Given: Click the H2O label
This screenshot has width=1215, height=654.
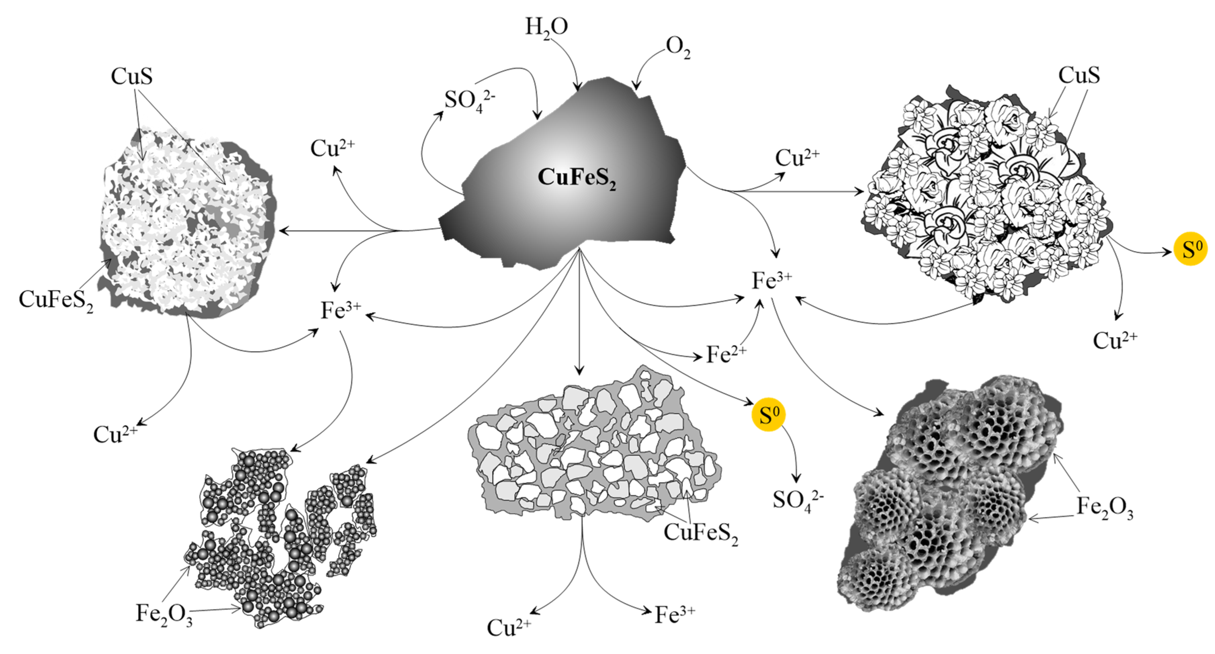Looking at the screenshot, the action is tap(546, 27).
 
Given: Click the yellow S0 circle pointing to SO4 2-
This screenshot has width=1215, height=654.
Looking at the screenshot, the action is tap(768, 415).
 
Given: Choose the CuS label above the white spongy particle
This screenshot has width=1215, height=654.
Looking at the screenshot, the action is tap(132, 77).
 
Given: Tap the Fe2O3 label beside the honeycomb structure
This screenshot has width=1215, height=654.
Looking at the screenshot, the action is tap(1104, 508).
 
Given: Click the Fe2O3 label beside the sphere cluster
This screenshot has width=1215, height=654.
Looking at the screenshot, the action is tap(164, 614).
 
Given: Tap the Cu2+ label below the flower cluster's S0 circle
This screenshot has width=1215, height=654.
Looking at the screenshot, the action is tap(1115, 340).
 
